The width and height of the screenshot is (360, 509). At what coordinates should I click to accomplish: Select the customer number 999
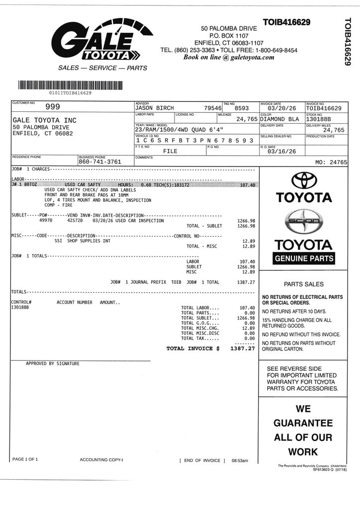[x=53, y=106]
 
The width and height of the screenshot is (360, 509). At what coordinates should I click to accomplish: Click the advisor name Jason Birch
[x=154, y=108]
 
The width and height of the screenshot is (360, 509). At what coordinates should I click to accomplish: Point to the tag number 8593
[x=242, y=108]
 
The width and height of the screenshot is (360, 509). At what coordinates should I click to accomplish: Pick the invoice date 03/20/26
[x=281, y=108]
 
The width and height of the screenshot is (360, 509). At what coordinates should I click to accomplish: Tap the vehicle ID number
[x=195, y=141]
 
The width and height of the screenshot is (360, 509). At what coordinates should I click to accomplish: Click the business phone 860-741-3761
[x=99, y=162]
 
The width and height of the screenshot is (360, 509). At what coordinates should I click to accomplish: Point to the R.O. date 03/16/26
[x=281, y=152]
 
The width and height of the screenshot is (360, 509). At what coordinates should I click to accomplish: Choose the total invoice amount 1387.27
[x=243, y=348]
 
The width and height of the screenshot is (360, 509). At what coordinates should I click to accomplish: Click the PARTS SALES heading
[x=303, y=284]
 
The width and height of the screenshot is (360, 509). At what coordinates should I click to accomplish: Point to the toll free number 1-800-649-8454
[x=276, y=50]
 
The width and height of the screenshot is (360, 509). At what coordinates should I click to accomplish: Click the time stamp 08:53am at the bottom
[x=240, y=461]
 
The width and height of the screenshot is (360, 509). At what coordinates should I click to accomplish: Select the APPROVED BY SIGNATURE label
[x=52, y=364]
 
